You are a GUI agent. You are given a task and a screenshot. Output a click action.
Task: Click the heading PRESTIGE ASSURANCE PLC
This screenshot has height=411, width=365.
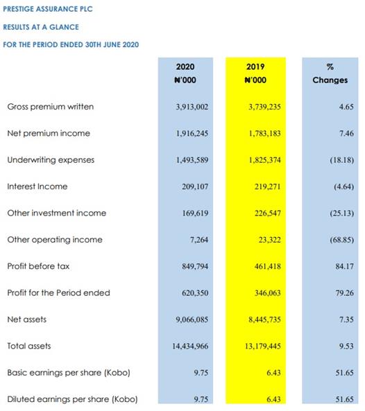point(48,9)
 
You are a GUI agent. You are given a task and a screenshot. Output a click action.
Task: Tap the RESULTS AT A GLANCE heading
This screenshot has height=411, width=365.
point(41,27)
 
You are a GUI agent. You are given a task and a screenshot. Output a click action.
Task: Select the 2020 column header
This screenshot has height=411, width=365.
point(185,67)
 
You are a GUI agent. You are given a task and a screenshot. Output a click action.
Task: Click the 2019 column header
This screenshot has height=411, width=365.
point(255,67)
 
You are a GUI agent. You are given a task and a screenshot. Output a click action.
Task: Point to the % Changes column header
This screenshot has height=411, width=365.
point(330,73)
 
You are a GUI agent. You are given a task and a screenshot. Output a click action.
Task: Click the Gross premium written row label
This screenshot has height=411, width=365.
point(51,107)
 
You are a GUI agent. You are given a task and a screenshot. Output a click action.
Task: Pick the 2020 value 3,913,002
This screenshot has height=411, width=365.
point(192,107)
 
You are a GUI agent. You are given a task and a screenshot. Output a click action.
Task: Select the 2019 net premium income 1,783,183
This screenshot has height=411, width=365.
point(265,133)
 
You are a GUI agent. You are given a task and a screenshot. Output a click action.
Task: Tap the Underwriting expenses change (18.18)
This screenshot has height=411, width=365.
point(342,160)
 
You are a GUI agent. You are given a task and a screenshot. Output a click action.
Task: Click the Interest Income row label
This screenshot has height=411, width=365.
point(37,186)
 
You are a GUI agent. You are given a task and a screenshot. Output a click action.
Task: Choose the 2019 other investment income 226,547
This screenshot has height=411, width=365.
point(268,213)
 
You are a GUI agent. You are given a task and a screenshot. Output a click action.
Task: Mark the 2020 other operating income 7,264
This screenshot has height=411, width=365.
point(199,240)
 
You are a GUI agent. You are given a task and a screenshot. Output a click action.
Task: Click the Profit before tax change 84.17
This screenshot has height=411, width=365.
point(345,266)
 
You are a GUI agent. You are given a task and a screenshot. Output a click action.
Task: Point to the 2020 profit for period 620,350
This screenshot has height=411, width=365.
point(195,292)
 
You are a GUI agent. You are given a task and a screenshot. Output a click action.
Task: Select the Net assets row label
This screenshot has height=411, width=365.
point(27,320)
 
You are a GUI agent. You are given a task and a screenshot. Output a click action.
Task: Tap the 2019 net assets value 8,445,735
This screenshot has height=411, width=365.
point(265,320)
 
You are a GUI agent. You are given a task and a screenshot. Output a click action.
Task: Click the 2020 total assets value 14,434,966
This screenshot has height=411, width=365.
point(190,346)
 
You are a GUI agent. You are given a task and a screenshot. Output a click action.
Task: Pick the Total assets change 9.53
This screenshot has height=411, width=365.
point(346,346)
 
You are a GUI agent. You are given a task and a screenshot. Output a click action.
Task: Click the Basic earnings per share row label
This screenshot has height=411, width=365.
point(69,372)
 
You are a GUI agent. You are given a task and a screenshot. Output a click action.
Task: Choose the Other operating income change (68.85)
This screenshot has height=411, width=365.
point(342,240)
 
